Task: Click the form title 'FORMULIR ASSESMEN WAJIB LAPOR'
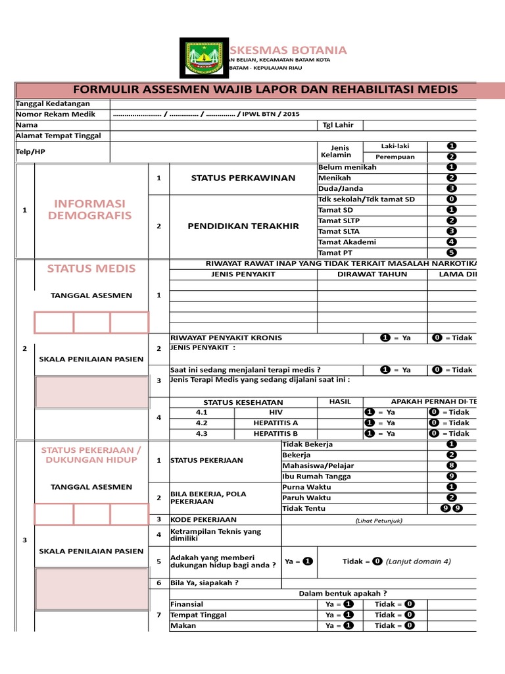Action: [265, 90]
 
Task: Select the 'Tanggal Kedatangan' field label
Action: [53, 104]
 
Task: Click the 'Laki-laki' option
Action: [395, 146]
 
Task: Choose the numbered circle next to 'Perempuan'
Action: [451, 157]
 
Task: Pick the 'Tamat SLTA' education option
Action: [339, 231]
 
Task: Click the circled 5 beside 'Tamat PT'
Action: [451, 252]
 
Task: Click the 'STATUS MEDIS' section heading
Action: [91, 269]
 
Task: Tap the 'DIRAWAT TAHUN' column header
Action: [372, 274]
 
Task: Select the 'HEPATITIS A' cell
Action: [276, 423]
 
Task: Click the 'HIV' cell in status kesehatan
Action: [276, 412]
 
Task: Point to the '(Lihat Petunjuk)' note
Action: [378, 520]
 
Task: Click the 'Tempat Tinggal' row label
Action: [199, 615]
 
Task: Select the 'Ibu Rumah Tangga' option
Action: [316, 476]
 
